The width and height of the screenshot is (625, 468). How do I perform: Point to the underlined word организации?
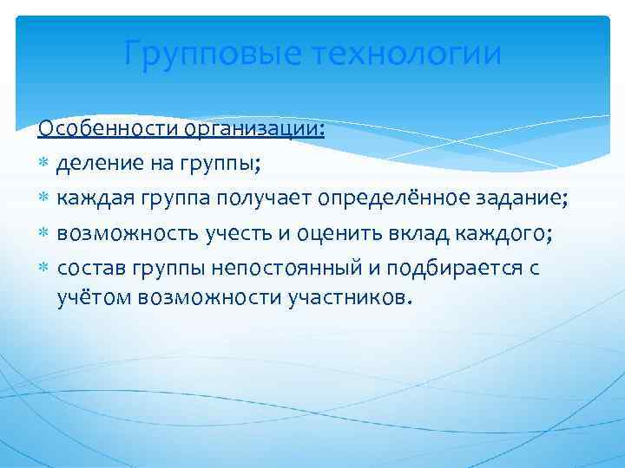(253, 130)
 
